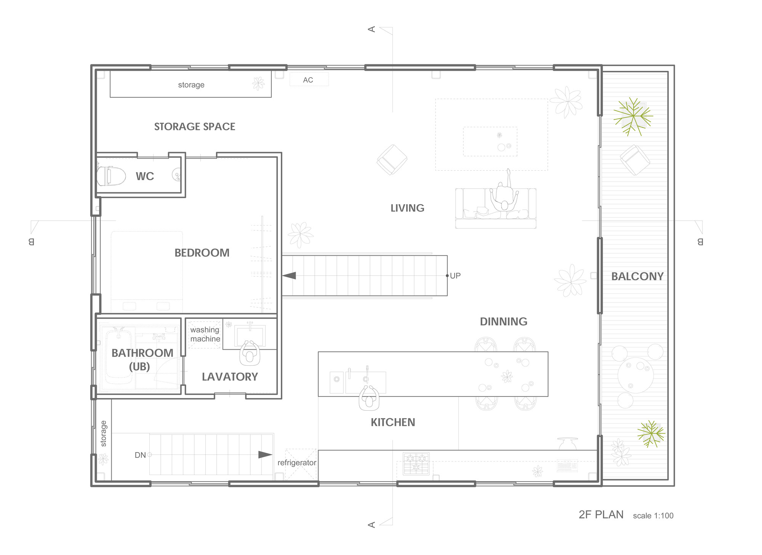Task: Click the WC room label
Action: pos(145,176)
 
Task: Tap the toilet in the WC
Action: pos(111,176)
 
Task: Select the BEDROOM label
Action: pos(202,253)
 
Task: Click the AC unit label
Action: pos(308,80)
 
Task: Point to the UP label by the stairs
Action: pos(455,276)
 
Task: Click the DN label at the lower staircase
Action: pos(140,455)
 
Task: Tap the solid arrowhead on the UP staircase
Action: pos(289,275)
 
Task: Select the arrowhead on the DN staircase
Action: pos(265,454)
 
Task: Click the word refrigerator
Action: pos(297,463)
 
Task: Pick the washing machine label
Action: pos(205,334)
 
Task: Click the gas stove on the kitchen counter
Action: pos(416,463)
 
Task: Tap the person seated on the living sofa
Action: pos(504,194)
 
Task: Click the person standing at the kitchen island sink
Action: pos(369,398)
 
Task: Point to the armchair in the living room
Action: pos(392,160)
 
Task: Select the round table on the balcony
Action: pos(636,375)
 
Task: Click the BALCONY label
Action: pos(637,277)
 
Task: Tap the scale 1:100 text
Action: pos(653,516)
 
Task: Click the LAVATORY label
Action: pos(230,377)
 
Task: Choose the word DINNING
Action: pos(503,321)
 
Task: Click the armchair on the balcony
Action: pos(635,160)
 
